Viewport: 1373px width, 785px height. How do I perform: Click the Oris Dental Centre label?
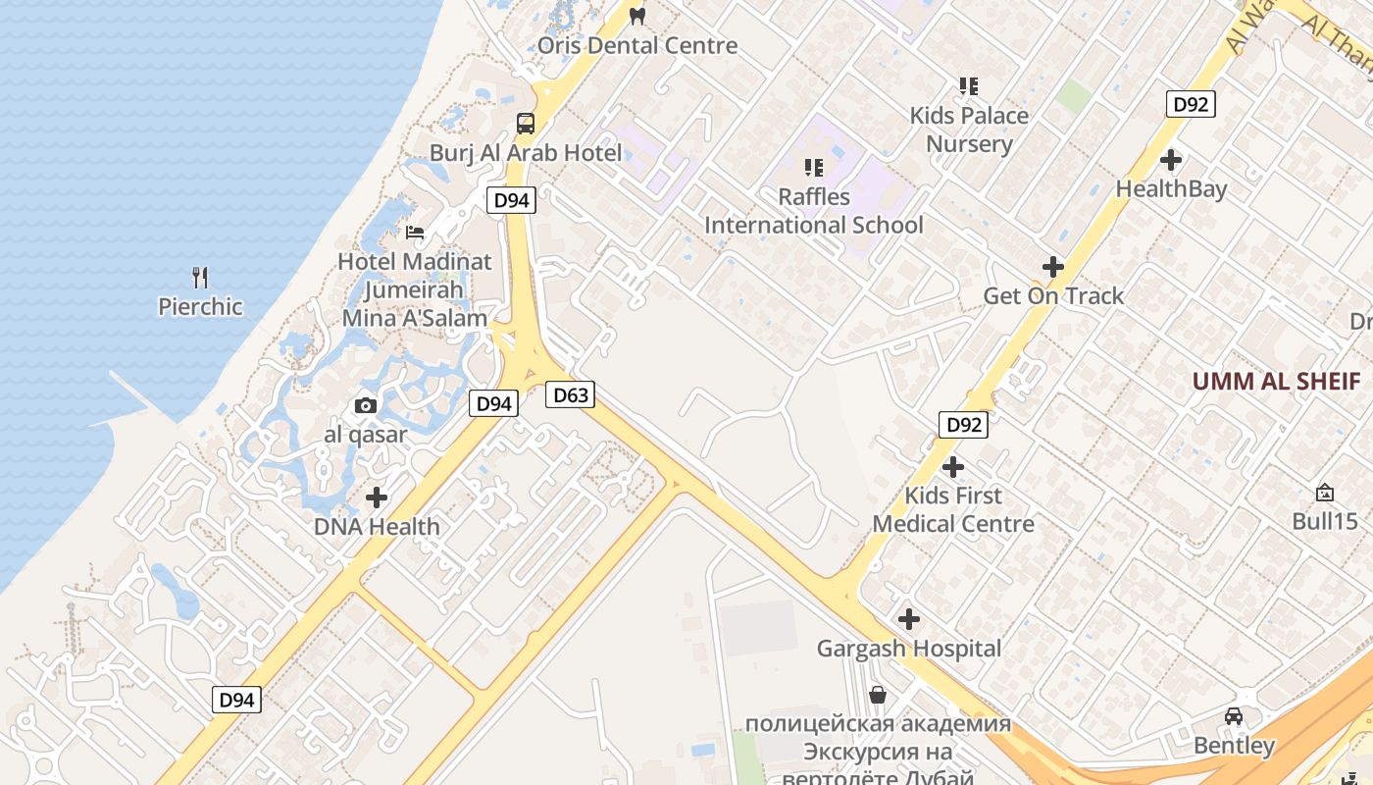(637, 45)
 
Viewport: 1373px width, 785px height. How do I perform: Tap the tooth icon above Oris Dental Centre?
(637, 16)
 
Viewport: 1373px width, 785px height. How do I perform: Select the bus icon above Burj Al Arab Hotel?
(526, 124)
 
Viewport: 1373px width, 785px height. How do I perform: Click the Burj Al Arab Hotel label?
(526, 153)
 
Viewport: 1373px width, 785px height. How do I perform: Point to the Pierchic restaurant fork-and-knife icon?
(200, 278)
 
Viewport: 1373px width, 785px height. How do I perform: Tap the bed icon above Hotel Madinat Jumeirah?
(415, 233)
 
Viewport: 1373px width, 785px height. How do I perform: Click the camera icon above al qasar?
(366, 405)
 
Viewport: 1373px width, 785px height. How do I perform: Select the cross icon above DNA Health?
(377, 497)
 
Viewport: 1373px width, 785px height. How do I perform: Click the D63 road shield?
(571, 394)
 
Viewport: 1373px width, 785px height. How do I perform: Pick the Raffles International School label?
(814, 211)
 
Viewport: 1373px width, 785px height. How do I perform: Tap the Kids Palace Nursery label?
(969, 130)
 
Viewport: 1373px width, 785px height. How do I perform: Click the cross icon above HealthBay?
(1170, 159)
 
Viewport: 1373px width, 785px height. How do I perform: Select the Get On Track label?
(1053, 295)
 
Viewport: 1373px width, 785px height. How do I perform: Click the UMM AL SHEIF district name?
(1276, 382)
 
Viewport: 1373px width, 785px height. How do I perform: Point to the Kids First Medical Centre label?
(953, 509)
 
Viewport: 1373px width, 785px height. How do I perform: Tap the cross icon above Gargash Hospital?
(909, 619)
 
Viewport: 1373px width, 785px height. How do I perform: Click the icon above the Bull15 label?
(1325, 493)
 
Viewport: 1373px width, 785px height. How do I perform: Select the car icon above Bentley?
(1234, 716)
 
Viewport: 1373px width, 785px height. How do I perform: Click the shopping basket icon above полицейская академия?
(878, 695)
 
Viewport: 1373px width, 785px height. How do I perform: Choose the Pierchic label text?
(200, 306)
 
